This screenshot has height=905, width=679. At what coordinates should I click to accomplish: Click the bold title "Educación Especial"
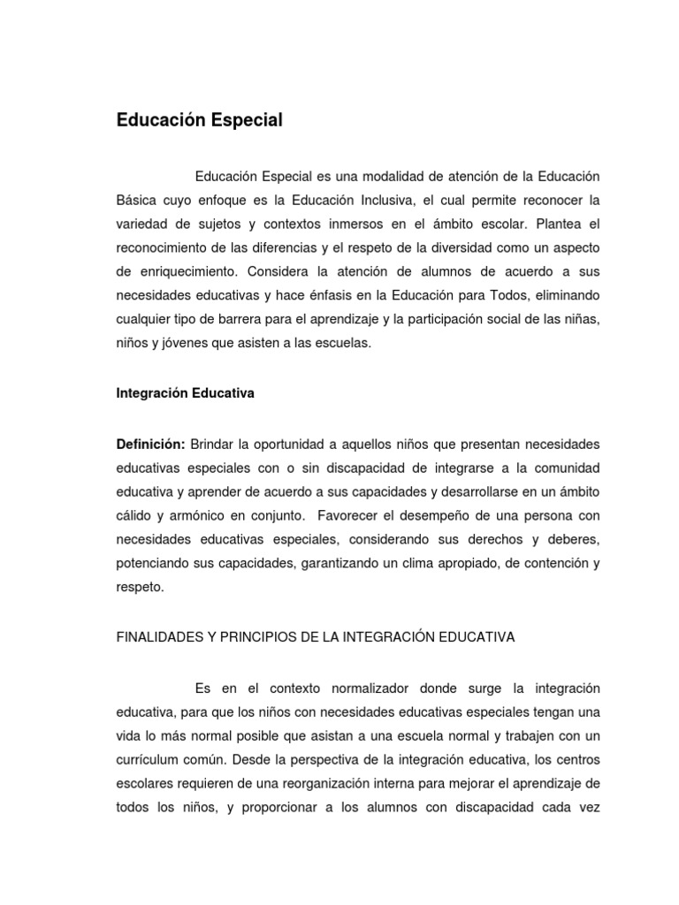pos(200,121)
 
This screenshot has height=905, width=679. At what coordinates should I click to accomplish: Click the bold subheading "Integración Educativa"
pos(186,394)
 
